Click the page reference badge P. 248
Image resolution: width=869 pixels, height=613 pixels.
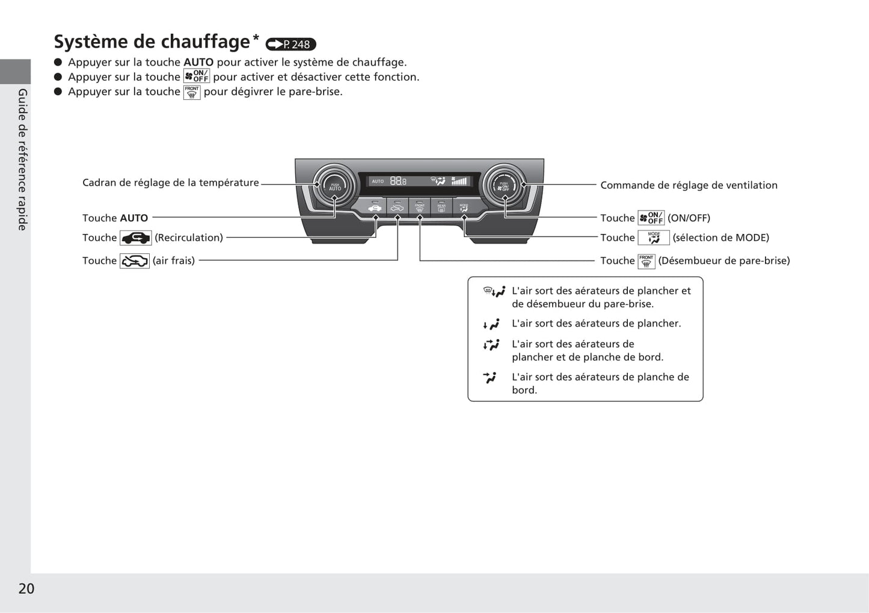(x=290, y=44)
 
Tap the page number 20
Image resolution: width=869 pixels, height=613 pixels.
(x=26, y=588)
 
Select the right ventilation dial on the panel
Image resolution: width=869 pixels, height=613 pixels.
(x=504, y=186)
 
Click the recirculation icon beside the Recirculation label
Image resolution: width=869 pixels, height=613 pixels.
(x=136, y=238)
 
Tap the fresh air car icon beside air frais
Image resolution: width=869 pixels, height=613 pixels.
(x=135, y=261)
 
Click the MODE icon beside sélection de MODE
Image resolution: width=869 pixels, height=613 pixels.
(x=654, y=238)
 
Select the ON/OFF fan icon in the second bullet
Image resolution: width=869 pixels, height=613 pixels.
(x=197, y=76)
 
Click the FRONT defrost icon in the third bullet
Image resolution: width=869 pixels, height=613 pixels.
(x=192, y=92)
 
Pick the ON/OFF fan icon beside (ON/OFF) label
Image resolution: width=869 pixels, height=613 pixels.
(x=651, y=218)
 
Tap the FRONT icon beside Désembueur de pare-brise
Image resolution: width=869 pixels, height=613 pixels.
(x=646, y=261)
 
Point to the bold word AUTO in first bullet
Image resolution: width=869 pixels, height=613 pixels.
(x=198, y=62)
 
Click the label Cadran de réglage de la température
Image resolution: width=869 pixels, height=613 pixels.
(x=171, y=183)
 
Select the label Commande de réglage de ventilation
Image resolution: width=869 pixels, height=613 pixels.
(x=689, y=185)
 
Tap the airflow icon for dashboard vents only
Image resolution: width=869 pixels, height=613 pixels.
(x=490, y=378)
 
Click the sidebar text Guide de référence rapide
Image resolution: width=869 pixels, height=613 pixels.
(x=22, y=159)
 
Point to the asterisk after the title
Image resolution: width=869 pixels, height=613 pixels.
(x=256, y=37)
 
